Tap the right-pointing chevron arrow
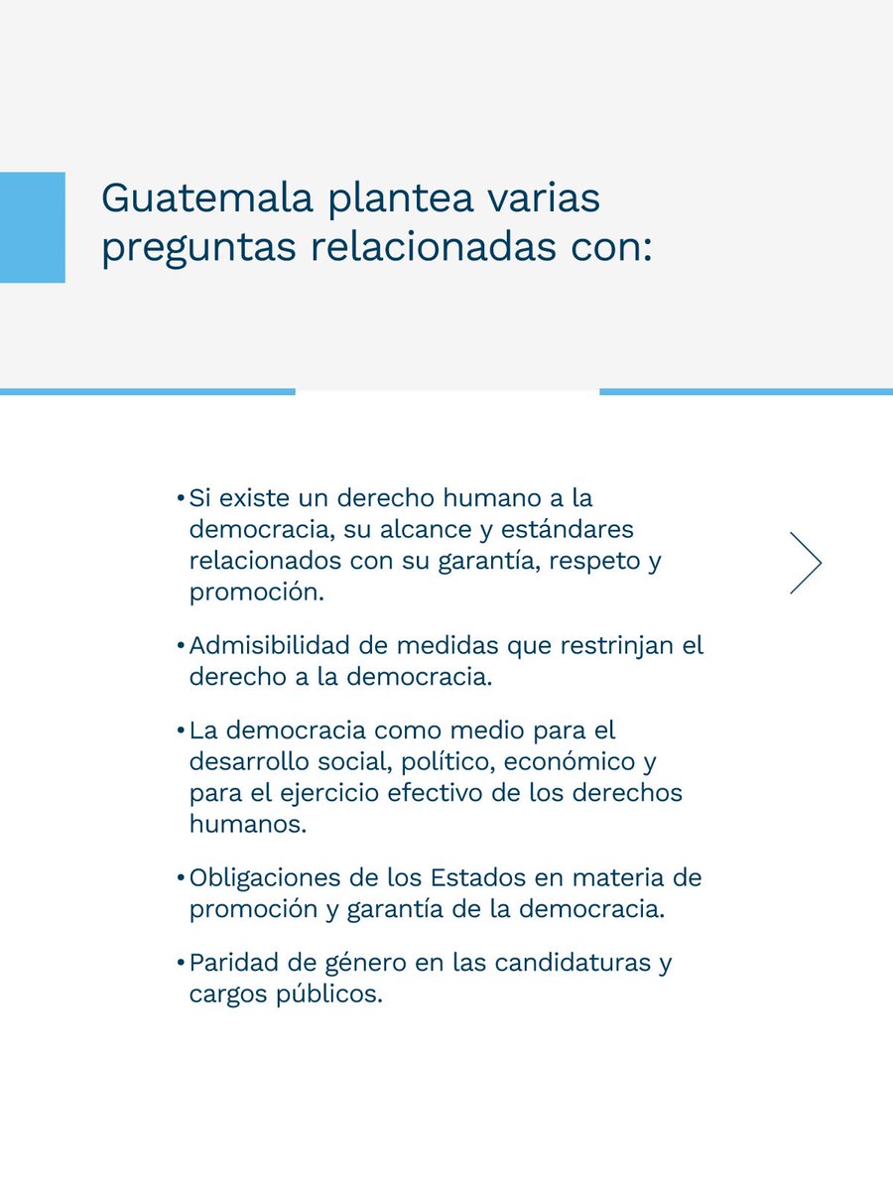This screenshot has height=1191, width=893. point(806,563)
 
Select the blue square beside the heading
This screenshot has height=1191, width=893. point(32,227)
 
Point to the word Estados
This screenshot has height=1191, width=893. point(471,878)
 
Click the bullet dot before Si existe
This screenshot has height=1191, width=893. point(181,497)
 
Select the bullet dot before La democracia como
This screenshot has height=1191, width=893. point(181,731)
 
